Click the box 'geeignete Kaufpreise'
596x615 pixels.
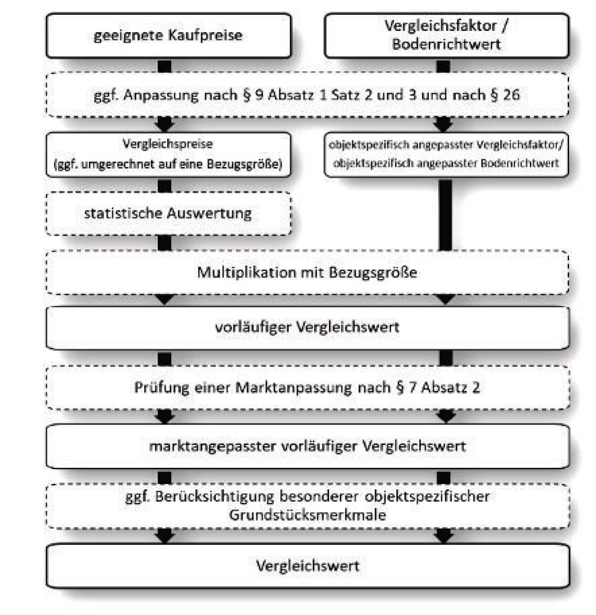click(168, 35)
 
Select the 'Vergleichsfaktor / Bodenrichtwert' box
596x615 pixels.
click(446, 35)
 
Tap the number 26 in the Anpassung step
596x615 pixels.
click(511, 95)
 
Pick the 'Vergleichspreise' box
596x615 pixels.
click(168, 154)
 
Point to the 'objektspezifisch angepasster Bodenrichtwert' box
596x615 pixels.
click(446, 154)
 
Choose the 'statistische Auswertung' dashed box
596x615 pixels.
click(168, 213)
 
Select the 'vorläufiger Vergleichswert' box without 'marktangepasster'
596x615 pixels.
click(307, 327)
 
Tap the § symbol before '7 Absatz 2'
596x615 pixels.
click(400, 387)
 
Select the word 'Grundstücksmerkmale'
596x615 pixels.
click(307, 515)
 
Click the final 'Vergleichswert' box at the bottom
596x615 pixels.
click(307, 566)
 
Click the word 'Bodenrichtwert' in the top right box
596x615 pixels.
click(446, 44)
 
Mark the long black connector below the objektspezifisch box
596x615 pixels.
click(445, 214)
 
